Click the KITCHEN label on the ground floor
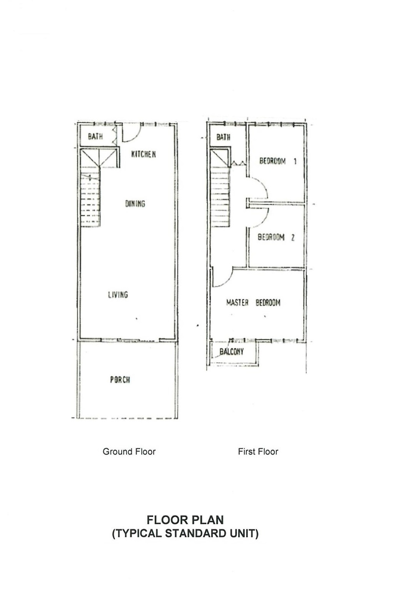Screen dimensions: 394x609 coord(144,154)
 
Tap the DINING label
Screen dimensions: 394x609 coord(135,203)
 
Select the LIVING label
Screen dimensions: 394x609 coord(118,294)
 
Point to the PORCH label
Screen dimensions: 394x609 coord(120,379)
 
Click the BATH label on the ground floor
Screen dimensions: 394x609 coord(95,136)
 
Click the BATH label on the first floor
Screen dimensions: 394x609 coord(223,137)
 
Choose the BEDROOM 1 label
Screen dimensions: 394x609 coord(278,161)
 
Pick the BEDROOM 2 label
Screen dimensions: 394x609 coord(276,237)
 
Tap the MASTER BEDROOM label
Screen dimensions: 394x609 coord(253,302)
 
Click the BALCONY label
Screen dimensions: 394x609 coord(231,352)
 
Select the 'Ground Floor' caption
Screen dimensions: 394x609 coord(129,451)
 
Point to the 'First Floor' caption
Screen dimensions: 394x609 coord(258,451)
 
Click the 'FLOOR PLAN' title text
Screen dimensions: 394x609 coord(185,520)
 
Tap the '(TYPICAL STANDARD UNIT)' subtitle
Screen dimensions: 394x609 coord(185,534)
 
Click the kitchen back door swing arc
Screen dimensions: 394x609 coord(137,136)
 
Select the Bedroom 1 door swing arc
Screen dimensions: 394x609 coord(265,185)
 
